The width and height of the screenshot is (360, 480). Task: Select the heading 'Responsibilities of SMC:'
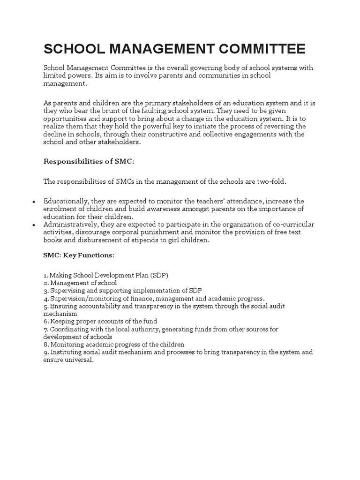89,161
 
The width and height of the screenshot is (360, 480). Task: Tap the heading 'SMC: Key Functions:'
78,255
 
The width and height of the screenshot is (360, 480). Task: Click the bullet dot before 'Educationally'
34,202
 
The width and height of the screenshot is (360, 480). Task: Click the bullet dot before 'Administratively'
34,225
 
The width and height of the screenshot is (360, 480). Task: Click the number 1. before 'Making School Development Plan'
45,275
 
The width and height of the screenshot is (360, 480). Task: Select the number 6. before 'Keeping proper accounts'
46,321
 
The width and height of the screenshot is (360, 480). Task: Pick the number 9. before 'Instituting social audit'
46,352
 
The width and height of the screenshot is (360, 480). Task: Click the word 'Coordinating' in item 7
69,329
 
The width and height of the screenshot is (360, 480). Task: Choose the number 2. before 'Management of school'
46,283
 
